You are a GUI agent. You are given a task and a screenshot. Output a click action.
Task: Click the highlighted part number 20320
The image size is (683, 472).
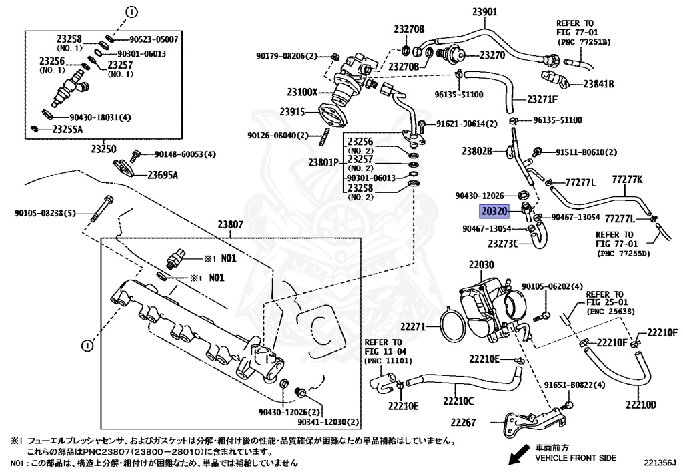coord(494,212)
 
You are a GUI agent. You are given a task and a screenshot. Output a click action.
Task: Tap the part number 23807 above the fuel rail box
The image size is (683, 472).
coord(230,226)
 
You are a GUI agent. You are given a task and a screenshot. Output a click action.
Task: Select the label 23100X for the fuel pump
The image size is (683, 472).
coord(302,92)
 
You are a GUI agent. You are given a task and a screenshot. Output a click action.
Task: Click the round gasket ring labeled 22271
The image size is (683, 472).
coord(451,326)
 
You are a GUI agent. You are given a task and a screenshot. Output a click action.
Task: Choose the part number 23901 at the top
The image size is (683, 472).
coord(484,12)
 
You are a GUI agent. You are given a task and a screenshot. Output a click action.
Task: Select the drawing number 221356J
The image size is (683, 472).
coord(660,462)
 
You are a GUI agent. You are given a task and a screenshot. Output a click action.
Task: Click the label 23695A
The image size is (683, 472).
coord(163,175)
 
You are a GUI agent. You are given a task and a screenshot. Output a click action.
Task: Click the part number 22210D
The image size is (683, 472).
coord(641,405)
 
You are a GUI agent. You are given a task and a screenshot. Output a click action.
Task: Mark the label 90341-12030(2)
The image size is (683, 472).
coord(328,422)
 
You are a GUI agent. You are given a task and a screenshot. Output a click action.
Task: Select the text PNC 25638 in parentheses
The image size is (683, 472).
coord(611,312)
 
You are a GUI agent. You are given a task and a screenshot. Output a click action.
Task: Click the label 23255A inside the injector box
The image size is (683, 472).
coord(67,129)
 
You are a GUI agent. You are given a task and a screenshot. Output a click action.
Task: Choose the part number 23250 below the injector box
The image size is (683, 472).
coord(103,149)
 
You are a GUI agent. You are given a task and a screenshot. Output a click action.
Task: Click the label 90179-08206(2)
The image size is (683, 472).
coord(286,56)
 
